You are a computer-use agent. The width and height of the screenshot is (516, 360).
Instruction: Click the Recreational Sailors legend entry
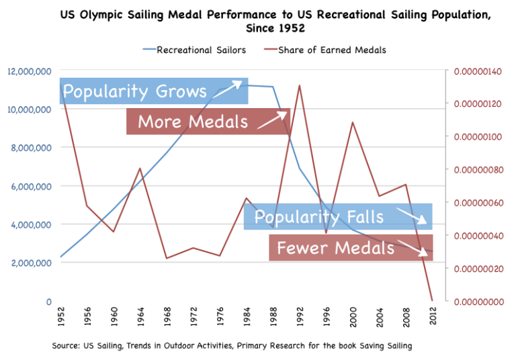[194, 50]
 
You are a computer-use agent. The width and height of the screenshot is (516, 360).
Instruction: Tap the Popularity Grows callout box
[154, 91]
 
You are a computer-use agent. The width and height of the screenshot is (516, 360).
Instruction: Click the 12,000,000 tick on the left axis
[30, 71]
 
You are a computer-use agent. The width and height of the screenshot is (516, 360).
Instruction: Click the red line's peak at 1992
[298, 85]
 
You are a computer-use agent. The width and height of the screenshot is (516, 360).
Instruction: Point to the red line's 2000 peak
[351, 122]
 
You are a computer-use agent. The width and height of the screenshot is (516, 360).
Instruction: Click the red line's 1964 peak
[140, 169]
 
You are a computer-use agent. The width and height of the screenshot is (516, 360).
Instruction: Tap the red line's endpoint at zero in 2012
[431, 300]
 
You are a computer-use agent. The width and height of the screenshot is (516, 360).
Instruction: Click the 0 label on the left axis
[48, 301]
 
